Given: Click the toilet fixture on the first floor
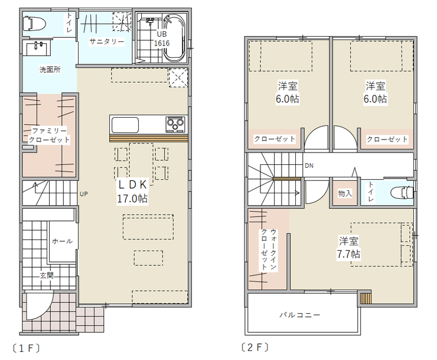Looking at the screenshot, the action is pos(34,24).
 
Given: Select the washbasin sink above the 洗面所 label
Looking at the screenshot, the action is pos(38,48).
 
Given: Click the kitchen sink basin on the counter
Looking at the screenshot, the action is pos(125,125).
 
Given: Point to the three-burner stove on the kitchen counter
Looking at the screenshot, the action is pos(175,124).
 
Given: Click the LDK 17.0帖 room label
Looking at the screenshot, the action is pos(132,192).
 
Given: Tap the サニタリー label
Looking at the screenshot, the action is pos(106,42).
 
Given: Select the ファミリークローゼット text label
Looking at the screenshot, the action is pos(50,135).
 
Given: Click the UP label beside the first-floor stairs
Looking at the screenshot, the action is pos(84,194).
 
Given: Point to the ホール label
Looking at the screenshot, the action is pos(62,241).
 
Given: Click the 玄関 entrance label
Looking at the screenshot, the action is pos(47,275).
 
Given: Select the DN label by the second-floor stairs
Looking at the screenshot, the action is pos(309,166).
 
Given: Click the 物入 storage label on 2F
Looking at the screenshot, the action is pos(345,193).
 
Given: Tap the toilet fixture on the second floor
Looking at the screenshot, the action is pos(402,193).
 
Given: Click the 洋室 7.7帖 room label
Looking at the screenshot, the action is pos(348,248).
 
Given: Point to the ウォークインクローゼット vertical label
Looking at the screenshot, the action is pos(269,249).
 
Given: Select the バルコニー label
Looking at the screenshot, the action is pos(300,315).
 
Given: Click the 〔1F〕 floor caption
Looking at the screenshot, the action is pos(26,348).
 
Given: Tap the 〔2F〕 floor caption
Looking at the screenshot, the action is pos(255,348).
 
